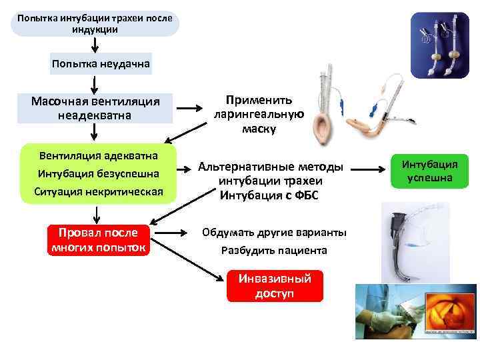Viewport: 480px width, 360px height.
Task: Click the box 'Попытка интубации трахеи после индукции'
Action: tap(95, 24)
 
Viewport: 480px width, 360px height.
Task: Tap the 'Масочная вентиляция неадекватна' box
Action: tap(95, 108)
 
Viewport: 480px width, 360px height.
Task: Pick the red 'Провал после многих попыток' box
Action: tap(98, 240)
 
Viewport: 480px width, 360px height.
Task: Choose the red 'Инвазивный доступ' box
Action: tap(274, 286)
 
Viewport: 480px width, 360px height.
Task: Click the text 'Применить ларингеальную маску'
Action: tap(259, 114)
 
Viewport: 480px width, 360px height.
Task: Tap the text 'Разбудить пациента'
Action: tap(274, 251)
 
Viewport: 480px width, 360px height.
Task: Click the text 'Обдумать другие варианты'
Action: tap(274, 233)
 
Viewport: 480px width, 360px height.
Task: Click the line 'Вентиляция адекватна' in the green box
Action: tap(98, 155)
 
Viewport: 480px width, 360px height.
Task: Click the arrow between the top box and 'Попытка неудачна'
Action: tap(95, 44)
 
